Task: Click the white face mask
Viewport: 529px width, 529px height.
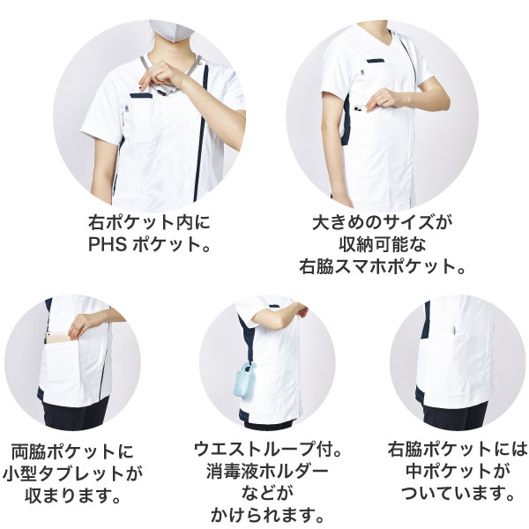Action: point(171,30)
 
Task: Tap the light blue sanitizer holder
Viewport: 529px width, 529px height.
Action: point(243,379)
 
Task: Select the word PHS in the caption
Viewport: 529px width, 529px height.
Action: point(108,244)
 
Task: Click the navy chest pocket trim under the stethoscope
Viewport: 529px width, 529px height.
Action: point(141,96)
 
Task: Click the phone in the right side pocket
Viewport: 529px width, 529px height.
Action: point(360,108)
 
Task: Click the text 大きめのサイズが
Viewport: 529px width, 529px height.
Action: point(382,222)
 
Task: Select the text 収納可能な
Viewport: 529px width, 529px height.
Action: point(383,244)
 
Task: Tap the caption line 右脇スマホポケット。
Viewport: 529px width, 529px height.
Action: point(383,266)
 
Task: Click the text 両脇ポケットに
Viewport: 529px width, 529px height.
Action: point(73,451)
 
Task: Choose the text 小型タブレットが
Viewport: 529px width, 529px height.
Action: point(73,473)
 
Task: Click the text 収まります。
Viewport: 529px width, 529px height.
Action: point(73,495)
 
